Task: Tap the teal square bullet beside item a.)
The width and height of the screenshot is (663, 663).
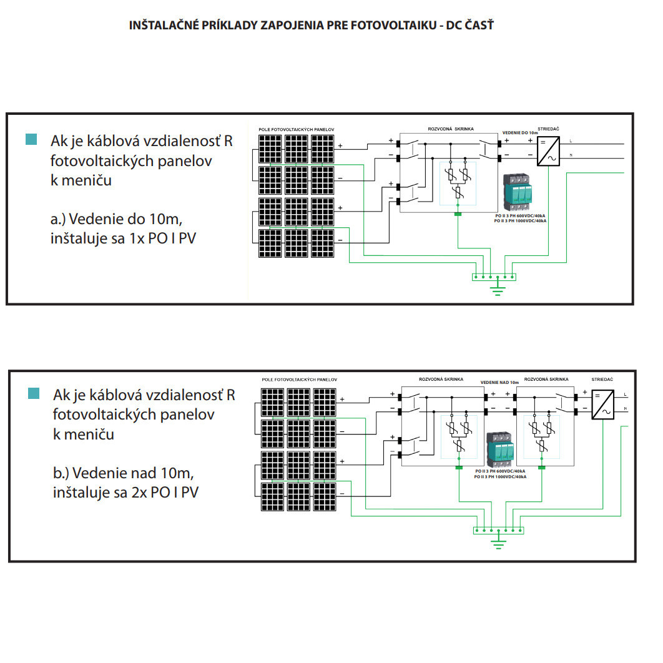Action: coord(31,139)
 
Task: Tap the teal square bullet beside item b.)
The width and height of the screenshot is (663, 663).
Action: coord(34,393)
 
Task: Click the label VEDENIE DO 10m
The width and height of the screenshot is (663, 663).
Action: coord(520,133)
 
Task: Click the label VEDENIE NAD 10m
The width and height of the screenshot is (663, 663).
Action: coord(499,382)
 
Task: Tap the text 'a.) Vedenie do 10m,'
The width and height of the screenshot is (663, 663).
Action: coord(117,219)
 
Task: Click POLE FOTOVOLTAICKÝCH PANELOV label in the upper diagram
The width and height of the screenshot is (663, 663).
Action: coord(297,129)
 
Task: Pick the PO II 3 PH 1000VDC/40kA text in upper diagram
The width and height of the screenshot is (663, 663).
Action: coord(519,221)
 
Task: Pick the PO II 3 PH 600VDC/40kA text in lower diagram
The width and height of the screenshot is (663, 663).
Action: coord(499,471)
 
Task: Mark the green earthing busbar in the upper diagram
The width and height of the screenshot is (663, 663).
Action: coord(494,276)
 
